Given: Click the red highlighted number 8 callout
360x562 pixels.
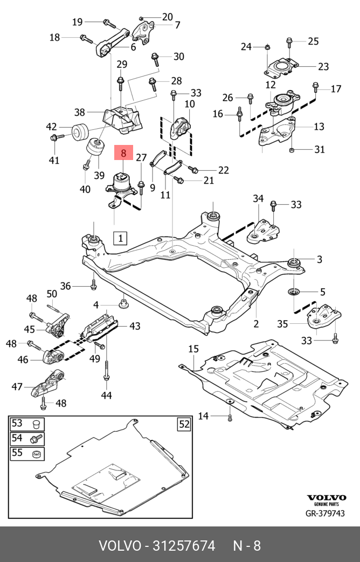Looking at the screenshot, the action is click(x=124, y=152).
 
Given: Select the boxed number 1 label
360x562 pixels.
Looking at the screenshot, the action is click(x=121, y=238).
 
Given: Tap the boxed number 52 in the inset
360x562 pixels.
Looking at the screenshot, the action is click(x=184, y=425).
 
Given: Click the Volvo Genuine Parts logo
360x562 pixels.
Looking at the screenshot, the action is click(x=326, y=500).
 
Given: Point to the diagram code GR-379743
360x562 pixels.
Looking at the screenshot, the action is click(x=325, y=514).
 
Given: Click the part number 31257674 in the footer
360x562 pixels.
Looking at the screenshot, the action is click(x=184, y=546).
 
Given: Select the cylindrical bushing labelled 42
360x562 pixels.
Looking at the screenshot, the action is click(x=80, y=133).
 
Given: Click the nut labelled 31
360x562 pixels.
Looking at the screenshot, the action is click(x=292, y=149).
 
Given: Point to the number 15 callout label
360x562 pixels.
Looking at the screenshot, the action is click(x=193, y=349).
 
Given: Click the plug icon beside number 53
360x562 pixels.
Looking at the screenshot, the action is click(x=36, y=425).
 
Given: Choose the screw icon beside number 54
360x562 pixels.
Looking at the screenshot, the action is click(x=36, y=439).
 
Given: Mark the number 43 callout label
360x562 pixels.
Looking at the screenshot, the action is click(x=135, y=326).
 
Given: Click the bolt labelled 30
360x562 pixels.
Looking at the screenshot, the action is click(x=156, y=59).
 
